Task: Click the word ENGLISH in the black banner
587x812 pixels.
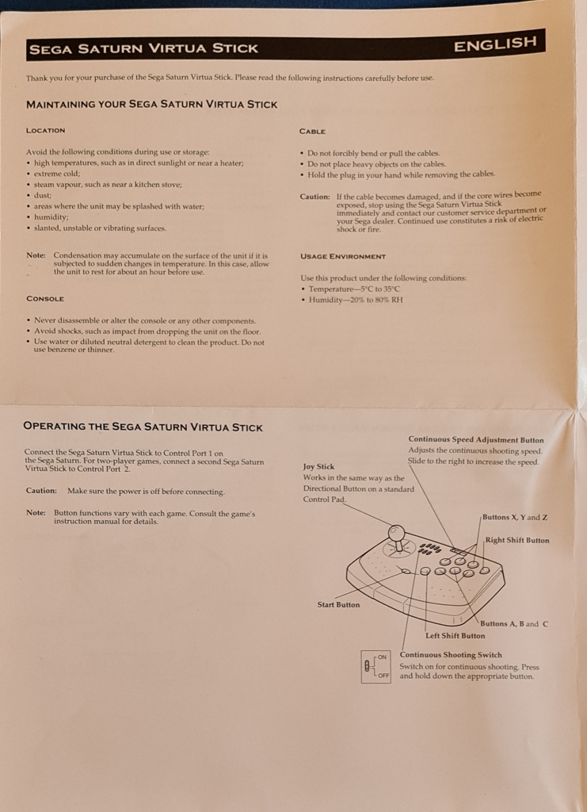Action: coord(495,44)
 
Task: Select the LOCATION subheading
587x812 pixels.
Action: coord(46,130)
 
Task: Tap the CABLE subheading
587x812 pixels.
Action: coord(312,131)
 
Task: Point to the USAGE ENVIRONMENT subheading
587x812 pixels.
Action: coord(343,256)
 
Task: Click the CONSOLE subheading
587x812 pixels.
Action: coord(45,299)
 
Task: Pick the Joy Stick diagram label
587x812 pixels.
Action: coord(318,467)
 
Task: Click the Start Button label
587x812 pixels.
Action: coord(338,604)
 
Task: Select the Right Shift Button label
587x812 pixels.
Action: coord(516,540)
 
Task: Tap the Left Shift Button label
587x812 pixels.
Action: coord(455,635)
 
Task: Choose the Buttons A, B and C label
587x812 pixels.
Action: coord(513,623)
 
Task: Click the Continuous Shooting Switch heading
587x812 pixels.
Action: coord(450,655)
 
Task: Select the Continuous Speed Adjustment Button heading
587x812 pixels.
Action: coord(475,439)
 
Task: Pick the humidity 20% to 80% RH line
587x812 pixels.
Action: coord(356,300)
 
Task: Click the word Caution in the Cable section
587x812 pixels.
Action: coord(314,197)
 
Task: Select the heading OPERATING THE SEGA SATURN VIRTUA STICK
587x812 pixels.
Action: coord(143,427)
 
